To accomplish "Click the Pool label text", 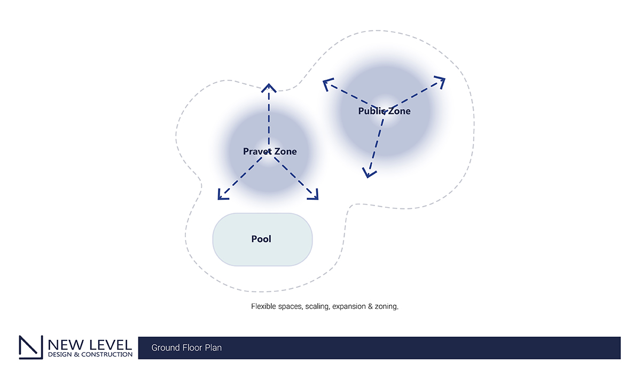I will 261,239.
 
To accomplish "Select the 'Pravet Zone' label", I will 270,151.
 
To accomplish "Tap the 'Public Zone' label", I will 384,111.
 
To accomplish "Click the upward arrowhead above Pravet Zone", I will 269,87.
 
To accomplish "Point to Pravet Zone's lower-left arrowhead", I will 222,196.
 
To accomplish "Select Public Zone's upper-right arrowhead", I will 440,81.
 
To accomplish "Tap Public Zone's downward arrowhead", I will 368,172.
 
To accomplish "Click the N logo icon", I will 31,347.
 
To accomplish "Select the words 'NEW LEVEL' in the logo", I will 90,344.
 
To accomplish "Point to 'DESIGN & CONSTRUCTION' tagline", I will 90,354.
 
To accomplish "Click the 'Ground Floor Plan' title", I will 186,348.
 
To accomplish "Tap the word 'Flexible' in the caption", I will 263,307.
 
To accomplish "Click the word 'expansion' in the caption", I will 350,307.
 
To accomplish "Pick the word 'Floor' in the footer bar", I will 191,348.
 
